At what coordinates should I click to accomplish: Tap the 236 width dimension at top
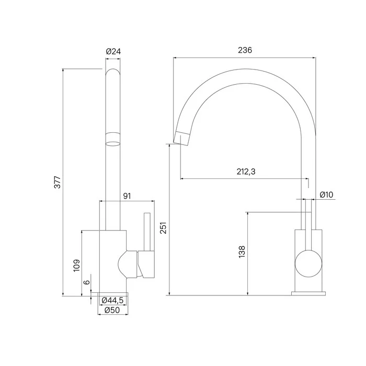[245, 50]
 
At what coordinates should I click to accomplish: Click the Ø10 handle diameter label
[326, 195]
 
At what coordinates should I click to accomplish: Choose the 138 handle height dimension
[241, 252]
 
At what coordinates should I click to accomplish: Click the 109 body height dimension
[76, 266]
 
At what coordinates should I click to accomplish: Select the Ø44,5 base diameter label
[112, 300]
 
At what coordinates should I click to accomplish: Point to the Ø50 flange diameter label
[112, 310]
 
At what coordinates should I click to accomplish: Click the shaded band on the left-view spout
[113, 140]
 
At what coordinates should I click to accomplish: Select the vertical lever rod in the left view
[147, 230]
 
